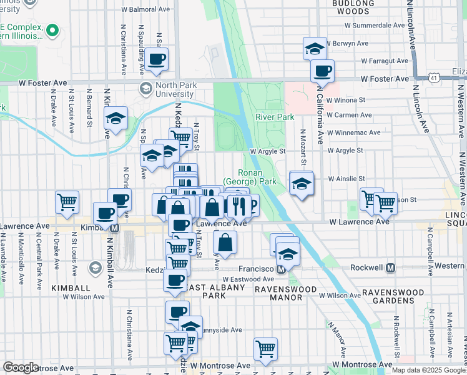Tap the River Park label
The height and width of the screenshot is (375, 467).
point(275,117)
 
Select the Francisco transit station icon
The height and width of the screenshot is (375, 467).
point(281,269)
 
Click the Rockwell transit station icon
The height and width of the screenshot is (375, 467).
point(391,267)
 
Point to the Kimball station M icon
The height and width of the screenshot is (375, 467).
point(114,228)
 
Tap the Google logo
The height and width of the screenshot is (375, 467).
point(21,367)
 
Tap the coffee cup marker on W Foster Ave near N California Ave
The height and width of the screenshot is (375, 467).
point(322,71)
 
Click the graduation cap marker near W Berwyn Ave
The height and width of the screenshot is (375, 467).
point(315,48)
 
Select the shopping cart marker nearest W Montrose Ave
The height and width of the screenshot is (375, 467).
point(266,348)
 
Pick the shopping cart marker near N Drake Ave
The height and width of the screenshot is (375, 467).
point(67,201)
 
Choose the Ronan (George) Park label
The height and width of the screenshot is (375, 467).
point(257,177)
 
